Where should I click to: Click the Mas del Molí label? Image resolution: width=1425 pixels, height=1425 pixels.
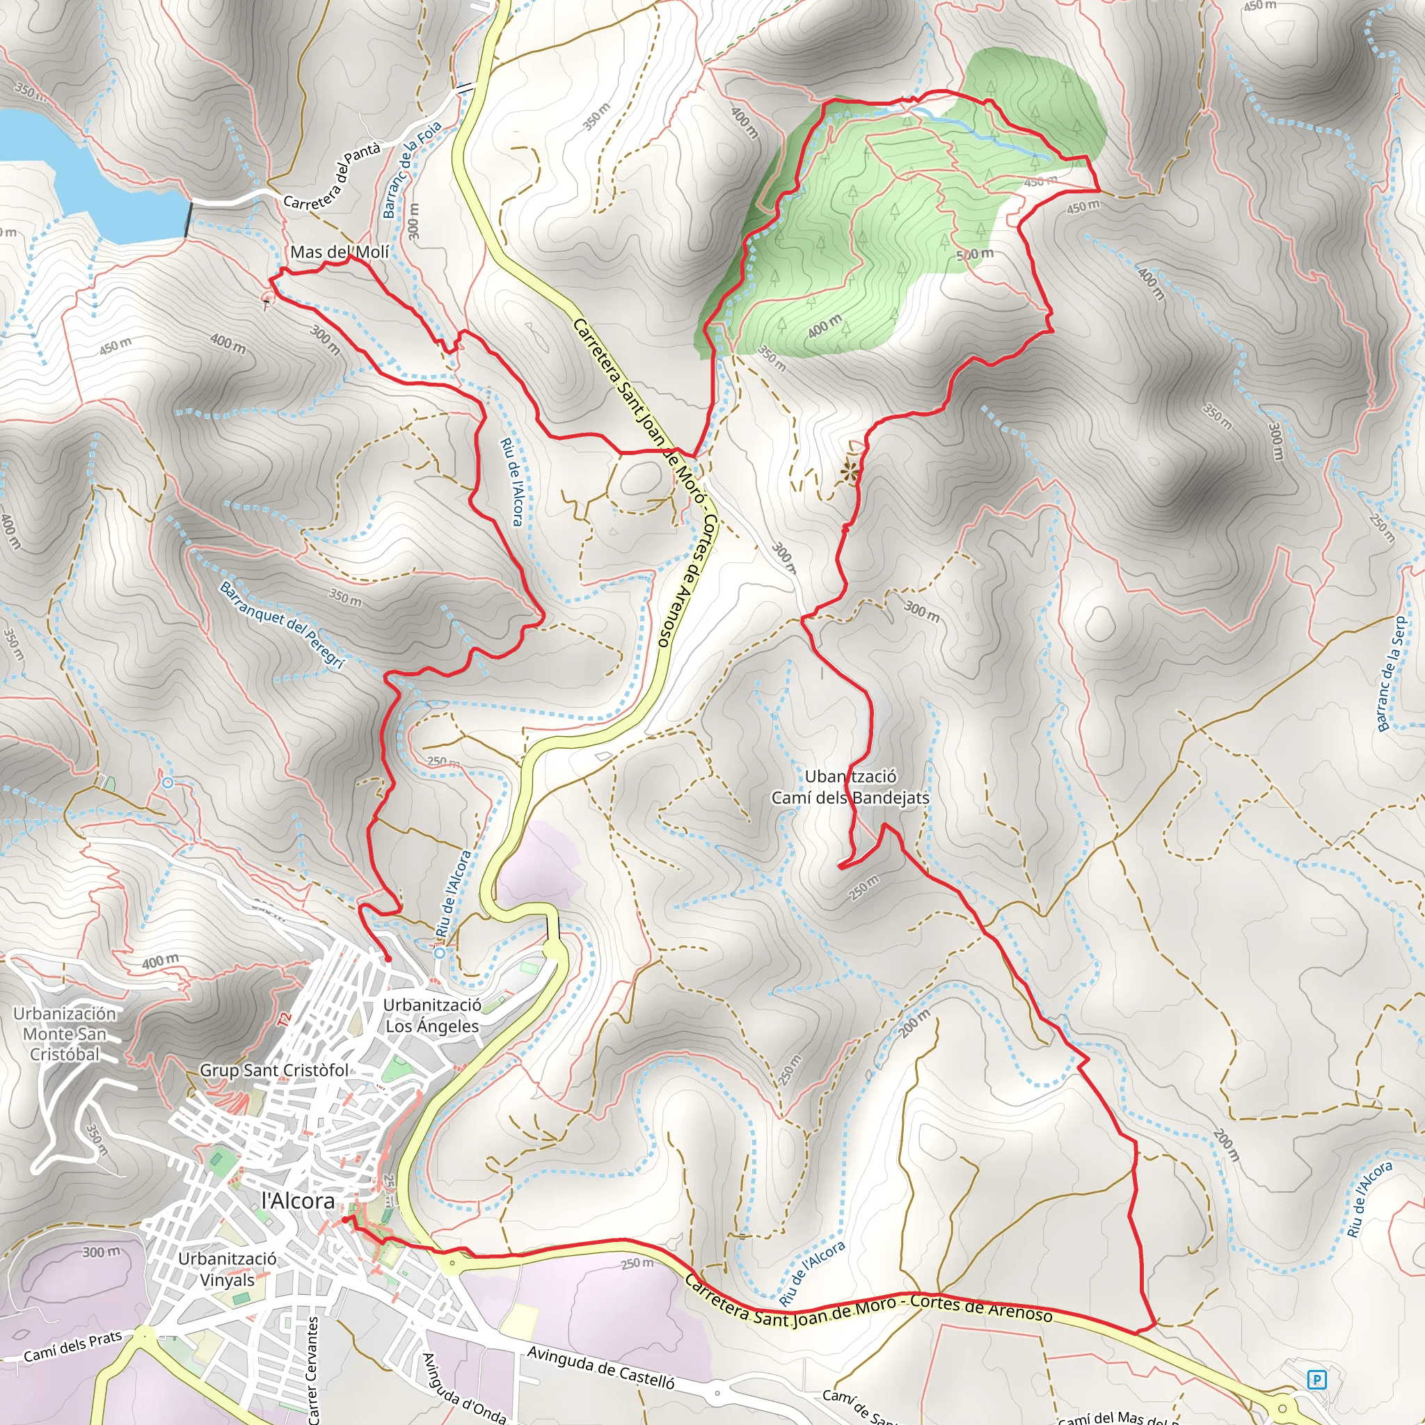coord(340,253)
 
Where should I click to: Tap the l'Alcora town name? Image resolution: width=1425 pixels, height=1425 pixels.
coord(298,1202)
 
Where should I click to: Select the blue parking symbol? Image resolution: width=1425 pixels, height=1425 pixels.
coord(1316,1379)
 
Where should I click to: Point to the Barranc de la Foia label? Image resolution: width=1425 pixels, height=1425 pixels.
coord(412,170)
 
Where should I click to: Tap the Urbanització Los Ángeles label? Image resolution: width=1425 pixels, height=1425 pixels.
coord(432,1016)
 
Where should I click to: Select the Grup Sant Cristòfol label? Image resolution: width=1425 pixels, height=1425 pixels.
coord(274,1070)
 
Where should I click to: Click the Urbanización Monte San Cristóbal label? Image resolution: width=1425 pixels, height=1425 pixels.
coord(65,1034)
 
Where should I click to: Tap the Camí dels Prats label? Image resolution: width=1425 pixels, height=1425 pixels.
coord(72,1348)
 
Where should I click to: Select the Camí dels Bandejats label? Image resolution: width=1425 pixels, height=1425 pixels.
coord(850,798)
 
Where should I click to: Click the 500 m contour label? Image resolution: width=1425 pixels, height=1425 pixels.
coord(974,255)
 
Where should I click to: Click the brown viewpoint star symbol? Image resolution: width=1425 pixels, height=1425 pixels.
coord(851,472)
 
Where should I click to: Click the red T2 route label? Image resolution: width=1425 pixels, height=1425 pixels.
coord(285,1019)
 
